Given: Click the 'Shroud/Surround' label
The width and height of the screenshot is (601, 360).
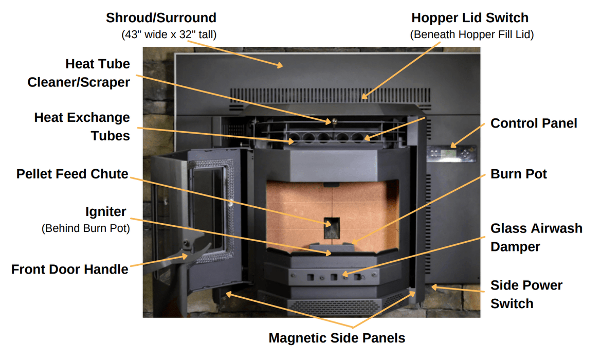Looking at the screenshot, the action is pos(161,18).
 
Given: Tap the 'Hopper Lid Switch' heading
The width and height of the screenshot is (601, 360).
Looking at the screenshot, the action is pos(470,18).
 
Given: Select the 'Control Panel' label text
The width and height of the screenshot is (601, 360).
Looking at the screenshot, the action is pos(534,123).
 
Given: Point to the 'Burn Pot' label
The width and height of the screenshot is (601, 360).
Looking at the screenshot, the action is pos(519,174).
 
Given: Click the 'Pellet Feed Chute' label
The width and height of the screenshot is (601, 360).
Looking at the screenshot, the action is pos(72,174).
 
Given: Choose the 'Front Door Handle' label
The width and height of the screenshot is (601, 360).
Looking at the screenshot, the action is pos(70,269).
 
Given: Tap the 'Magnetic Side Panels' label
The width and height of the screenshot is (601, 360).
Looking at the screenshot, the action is pos(337,338).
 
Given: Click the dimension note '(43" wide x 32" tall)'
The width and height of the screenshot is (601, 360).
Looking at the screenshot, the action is pos(169,35).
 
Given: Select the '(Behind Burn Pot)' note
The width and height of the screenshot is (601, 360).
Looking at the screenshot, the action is pos(85,228).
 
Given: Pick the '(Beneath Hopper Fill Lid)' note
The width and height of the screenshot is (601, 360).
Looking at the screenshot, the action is pos(472,35).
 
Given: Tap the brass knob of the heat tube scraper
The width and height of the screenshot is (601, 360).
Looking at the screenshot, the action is pos(334,121).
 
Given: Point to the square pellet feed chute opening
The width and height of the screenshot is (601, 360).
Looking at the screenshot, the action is pos(332,228).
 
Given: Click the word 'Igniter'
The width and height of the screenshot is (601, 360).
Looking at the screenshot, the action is pos(105,212).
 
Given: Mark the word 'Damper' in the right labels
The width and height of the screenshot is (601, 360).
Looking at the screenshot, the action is pos(515,247).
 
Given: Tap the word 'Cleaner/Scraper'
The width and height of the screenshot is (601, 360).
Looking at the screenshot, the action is pos(79,82).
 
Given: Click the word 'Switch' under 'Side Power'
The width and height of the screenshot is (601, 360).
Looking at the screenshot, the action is pos(512,303).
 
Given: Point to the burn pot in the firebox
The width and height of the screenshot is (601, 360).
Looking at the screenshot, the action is pos(332,247).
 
